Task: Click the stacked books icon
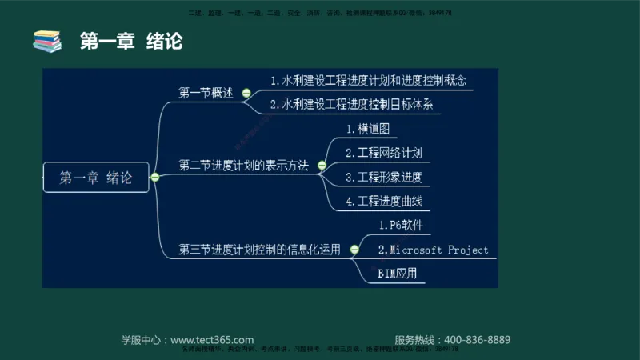click(46, 41)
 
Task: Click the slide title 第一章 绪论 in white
click(132, 41)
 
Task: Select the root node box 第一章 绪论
click(96, 178)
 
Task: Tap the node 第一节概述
click(206, 93)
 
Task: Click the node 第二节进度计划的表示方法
click(243, 166)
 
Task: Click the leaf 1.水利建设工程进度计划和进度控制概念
click(368, 81)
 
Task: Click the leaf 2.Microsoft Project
click(433, 250)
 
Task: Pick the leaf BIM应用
click(397, 274)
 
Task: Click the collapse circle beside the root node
click(155, 178)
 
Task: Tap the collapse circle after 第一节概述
click(242, 93)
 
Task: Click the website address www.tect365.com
click(212, 339)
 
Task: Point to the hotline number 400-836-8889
click(477, 339)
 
